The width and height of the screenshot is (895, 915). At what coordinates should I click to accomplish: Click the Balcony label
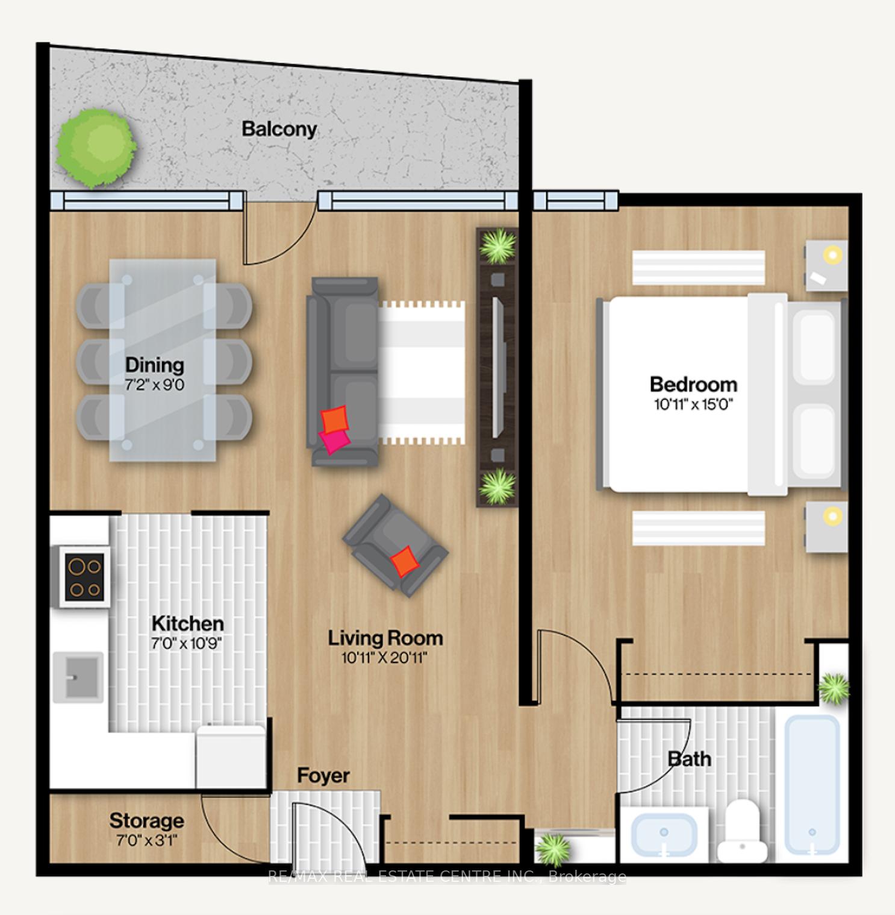279,129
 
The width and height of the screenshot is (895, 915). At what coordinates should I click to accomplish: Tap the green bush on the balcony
96,147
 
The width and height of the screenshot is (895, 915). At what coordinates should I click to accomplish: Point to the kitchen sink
78,677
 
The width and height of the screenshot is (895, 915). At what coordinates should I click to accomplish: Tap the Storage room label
146,820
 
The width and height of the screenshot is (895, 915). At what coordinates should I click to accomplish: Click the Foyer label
323,775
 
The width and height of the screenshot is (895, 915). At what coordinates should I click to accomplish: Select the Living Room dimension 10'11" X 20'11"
384,658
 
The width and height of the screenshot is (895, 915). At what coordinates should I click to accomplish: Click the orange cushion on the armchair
404,562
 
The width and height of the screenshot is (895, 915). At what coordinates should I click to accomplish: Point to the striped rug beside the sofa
422,373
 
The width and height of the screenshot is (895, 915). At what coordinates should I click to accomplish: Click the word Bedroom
693,384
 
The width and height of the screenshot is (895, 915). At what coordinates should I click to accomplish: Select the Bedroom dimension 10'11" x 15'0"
693,404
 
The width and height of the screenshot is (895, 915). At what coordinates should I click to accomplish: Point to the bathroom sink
664,834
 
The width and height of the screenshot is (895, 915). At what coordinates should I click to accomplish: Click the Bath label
690,759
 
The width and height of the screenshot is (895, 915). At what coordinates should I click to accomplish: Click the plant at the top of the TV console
497,245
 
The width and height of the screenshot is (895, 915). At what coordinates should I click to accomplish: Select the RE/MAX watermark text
447,876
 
